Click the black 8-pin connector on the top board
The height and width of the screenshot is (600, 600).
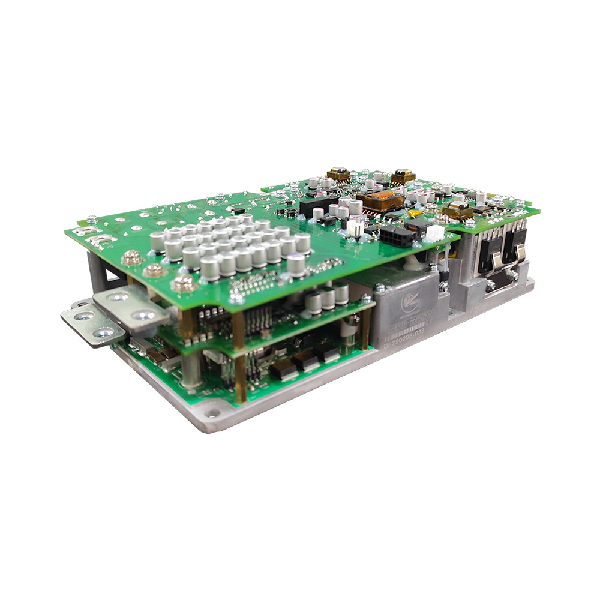[x=395, y=236]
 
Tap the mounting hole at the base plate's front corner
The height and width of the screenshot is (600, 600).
[x=212, y=413]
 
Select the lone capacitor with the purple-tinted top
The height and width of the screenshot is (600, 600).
[x=296, y=265]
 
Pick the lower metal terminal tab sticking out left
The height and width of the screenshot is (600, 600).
[x=90, y=323]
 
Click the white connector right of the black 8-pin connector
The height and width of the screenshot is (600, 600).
[x=435, y=232]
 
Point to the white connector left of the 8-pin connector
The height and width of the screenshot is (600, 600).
[x=356, y=228]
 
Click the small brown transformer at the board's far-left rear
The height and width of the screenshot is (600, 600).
[x=339, y=175]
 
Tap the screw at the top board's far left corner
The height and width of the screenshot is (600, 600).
[x=91, y=220]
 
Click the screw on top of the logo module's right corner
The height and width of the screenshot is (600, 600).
[x=443, y=287]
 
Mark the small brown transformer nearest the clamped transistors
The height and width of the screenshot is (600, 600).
[x=458, y=209]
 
